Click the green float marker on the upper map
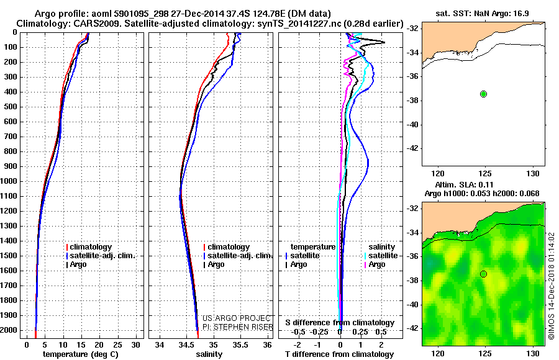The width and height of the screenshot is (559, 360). point(483,94)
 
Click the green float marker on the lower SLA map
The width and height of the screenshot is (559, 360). point(483,274)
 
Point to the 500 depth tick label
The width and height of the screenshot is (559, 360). point(11,107)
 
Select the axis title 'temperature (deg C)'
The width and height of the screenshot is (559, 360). point(81,354)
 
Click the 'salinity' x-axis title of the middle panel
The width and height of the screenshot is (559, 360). point(209,354)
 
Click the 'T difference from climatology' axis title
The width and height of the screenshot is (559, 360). point(340,354)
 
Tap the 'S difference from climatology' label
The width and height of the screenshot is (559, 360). point(340,323)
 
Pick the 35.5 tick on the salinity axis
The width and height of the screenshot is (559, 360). point(240,345)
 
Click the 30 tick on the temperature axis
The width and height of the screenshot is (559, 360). point(135,345)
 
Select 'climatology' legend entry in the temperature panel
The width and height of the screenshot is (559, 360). point(89,247)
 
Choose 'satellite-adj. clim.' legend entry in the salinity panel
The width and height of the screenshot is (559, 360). point(238,256)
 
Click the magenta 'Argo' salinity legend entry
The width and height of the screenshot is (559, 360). point(375,264)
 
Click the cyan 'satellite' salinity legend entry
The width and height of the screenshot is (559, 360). point(381,256)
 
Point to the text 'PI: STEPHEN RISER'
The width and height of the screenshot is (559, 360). point(238,327)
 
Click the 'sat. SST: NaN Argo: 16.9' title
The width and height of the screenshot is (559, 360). point(483,14)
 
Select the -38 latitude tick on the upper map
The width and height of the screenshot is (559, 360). point(413,101)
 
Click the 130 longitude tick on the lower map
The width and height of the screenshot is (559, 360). point(534,354)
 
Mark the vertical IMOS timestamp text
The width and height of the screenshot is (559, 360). point(552,286)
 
